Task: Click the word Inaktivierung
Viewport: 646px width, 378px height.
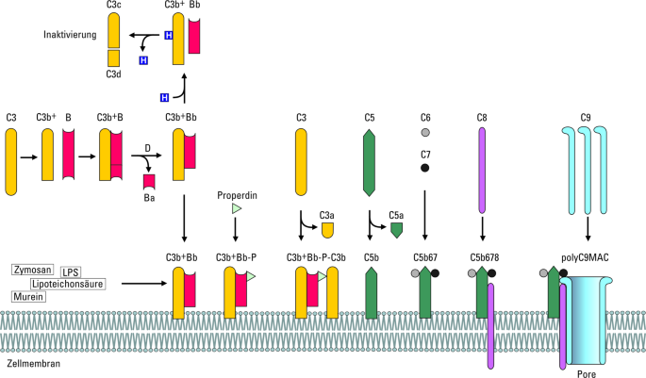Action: click(70, 35)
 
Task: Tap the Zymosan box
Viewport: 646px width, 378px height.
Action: click(33, 270)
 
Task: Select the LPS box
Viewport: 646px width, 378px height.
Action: click(71, 272)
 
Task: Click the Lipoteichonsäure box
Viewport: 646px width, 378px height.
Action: click(68, 284)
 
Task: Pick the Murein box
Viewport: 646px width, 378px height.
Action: click(28, 297)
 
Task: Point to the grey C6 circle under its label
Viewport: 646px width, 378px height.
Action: click(425, 132)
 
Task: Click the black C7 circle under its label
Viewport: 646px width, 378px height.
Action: click(424, 168)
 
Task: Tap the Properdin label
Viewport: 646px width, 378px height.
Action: click(237, 195)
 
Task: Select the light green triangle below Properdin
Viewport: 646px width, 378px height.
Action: click(236, 208)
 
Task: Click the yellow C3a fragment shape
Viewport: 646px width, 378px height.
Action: click(327, 230)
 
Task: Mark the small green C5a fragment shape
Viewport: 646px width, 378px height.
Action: click(396, 230)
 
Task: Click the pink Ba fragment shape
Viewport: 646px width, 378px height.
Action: click(149, 182)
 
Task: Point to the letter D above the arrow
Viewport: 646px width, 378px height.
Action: click(147, 148)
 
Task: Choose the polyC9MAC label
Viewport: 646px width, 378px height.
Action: click(585, 257)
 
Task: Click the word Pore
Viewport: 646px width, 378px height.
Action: click(587, 373)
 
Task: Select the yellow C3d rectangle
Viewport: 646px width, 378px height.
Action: click(114, 58)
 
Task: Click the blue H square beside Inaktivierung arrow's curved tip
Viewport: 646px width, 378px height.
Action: click(143, 60)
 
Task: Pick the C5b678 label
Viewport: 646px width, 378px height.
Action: click(485, 257)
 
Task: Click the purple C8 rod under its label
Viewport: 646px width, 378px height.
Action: click(482, 171)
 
